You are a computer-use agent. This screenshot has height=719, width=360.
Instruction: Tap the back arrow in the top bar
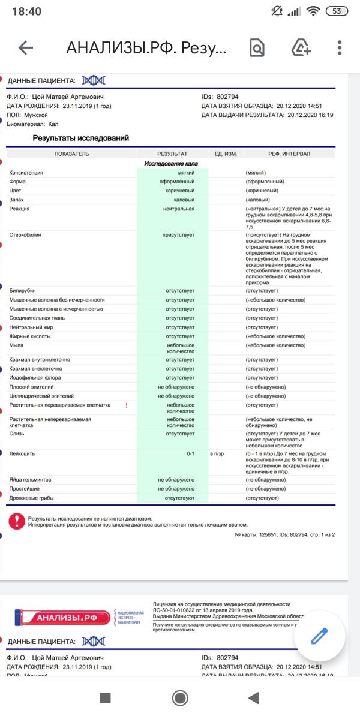coord(26,48)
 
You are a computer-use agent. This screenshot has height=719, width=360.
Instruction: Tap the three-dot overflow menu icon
coord(340,48)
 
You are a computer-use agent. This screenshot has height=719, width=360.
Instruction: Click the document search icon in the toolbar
coord(257,48)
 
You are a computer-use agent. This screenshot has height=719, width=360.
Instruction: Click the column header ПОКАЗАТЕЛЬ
coord(71,154)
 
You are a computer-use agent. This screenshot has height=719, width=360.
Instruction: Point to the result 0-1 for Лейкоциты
coord(190,453)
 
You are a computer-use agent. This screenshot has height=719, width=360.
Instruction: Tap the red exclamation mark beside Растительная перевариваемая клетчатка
coord(127,405)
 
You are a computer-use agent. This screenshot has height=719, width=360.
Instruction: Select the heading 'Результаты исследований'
coord(80,138)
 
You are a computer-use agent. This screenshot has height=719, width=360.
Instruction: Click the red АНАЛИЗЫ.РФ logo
coord(62,617)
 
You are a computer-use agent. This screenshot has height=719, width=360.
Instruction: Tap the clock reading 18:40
coord(26,11)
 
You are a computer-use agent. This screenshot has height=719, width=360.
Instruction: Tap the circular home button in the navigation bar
coord(179,697)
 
